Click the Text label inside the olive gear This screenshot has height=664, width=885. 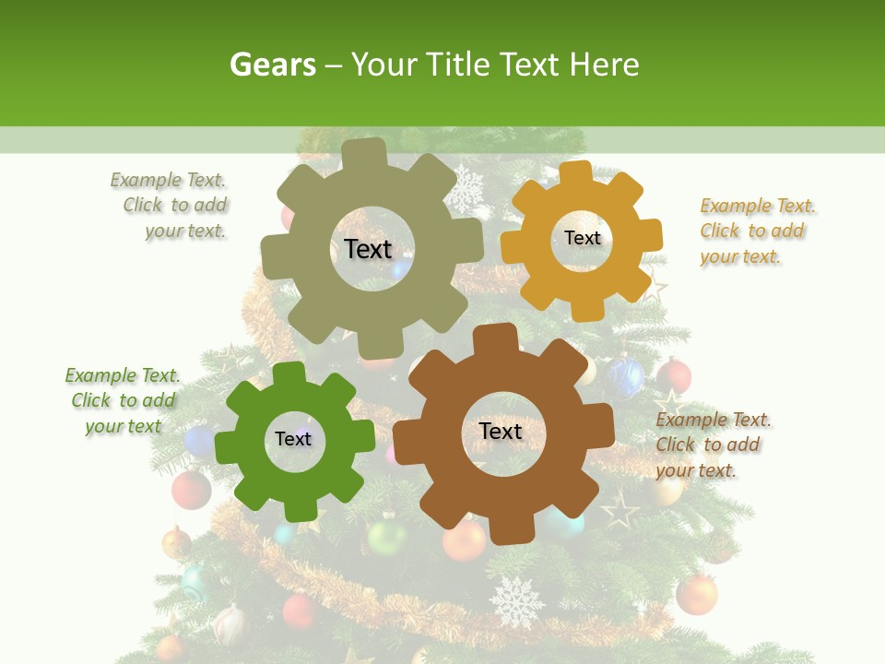(368, 249)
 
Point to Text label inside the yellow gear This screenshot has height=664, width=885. (582, 238)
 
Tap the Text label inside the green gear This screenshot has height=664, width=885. (293, 439)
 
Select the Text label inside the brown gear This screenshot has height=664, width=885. (501, 431)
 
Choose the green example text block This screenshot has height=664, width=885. (123, 400)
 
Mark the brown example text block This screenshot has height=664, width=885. (712, 445)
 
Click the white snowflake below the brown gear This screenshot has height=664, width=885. (516, 601)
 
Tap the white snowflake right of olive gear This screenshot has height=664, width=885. (466, 189)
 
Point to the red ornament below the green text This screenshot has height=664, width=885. (192, 490)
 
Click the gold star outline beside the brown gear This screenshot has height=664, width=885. (619, 508)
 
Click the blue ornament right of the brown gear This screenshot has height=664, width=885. (627, 377)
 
